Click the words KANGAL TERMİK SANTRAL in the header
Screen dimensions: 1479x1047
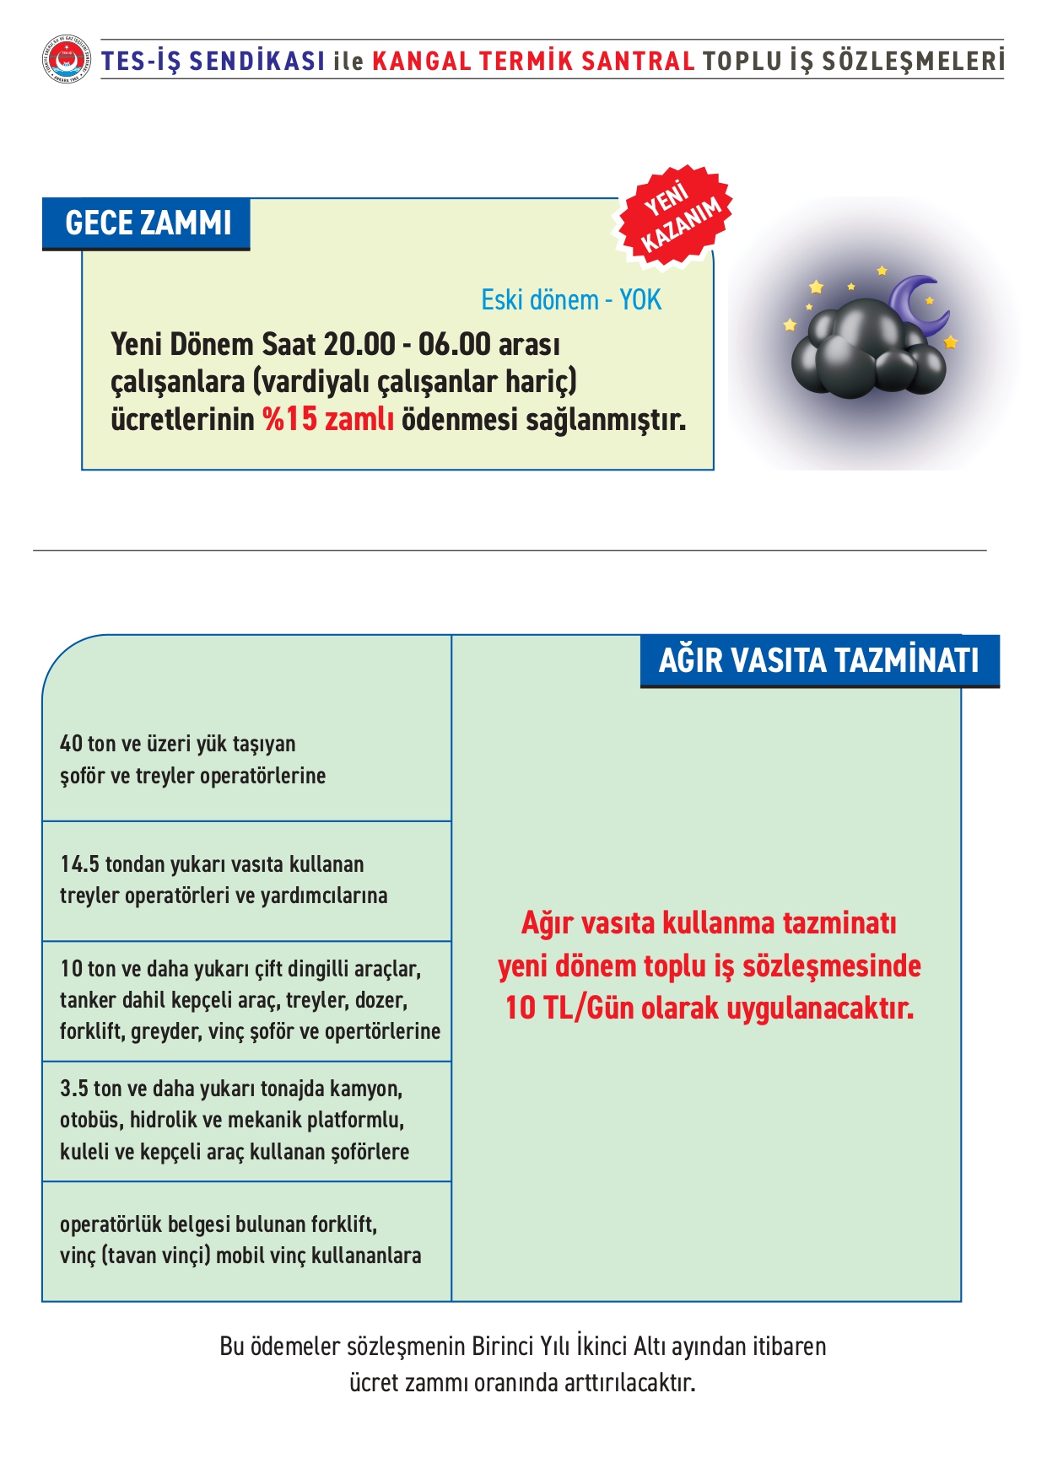[x=533, y=61]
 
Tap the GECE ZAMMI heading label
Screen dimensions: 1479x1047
[x=148, y=223]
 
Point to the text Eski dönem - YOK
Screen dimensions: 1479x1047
[x=571, y=299]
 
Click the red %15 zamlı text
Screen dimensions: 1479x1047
[x=327, y=418]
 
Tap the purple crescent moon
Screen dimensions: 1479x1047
[x=919, y=304]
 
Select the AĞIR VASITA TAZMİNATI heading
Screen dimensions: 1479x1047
[x=818, y=660]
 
